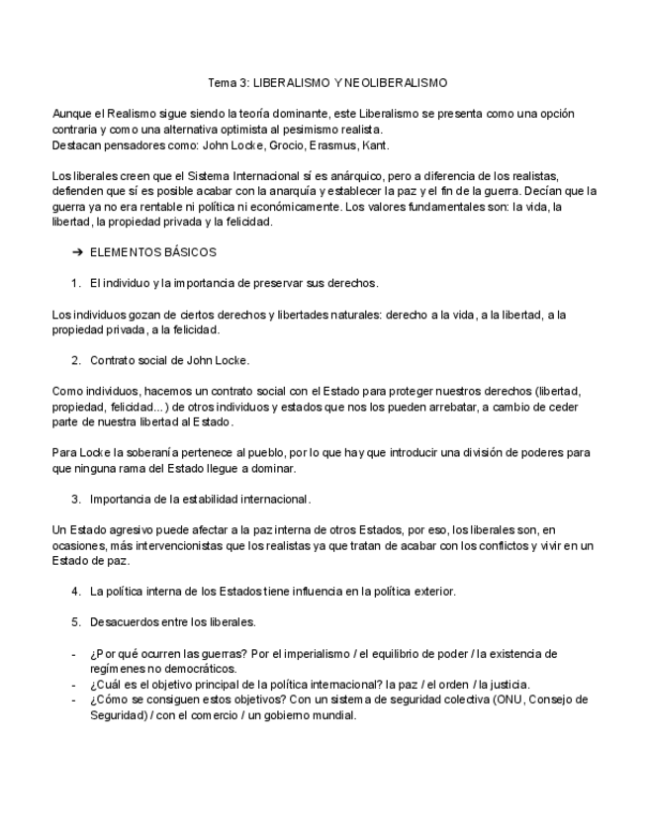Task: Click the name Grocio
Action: click(x=285, y=145)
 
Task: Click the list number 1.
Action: click(x=75, y=283)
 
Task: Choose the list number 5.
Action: click(x=75, y=621)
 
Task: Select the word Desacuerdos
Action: click(x=125, y=621)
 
